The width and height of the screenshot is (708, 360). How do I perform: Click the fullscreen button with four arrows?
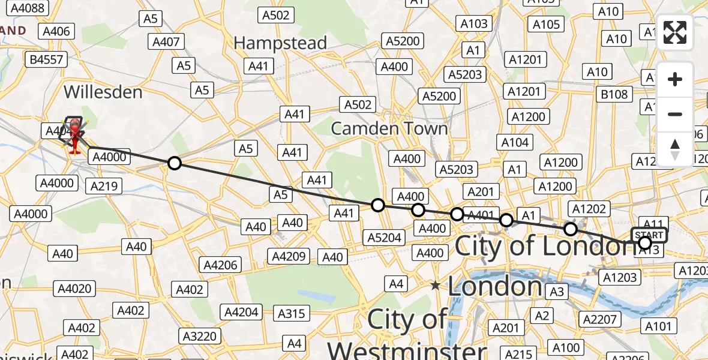(x=675, y=32)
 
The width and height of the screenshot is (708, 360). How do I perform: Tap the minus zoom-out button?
(x=675, y=114)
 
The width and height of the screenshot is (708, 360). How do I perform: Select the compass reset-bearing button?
(x=675, y=148)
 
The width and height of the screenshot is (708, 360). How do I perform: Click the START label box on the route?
(x=649, y=235)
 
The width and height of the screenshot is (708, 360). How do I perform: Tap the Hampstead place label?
(x=280, y=43)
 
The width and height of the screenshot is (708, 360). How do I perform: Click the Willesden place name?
(x=103, y=92)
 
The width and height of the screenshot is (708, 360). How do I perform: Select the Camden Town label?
(x=389, y=128)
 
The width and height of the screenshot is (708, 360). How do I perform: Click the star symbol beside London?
(x=435, y=286)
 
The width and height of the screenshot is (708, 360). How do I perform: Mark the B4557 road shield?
(x=46, y=59)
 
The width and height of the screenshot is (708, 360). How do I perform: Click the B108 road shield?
(x=614, y=94)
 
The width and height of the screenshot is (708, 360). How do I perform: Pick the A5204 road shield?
(x=385, y=238)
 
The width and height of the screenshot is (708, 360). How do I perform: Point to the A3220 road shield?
(x=201, y=336)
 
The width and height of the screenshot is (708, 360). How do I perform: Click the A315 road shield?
(x=292, y=313)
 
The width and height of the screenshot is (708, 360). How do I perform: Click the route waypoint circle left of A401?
(x=457, y=214)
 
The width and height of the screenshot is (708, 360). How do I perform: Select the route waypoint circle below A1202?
(x=571, y=229)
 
